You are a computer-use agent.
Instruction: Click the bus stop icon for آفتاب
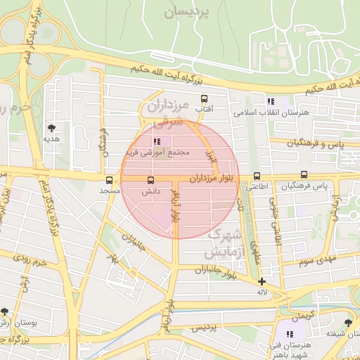205,99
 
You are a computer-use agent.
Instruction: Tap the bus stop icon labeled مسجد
109,180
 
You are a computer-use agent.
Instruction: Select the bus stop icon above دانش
149,180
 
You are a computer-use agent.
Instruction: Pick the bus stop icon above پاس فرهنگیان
304,175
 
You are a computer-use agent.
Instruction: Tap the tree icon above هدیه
51,127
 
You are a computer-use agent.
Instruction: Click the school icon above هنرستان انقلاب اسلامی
271,102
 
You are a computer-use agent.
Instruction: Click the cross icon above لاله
262,281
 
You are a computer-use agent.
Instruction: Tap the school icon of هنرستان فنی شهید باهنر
289,334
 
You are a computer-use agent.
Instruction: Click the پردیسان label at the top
187,12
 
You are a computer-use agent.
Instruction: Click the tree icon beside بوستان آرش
6,311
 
